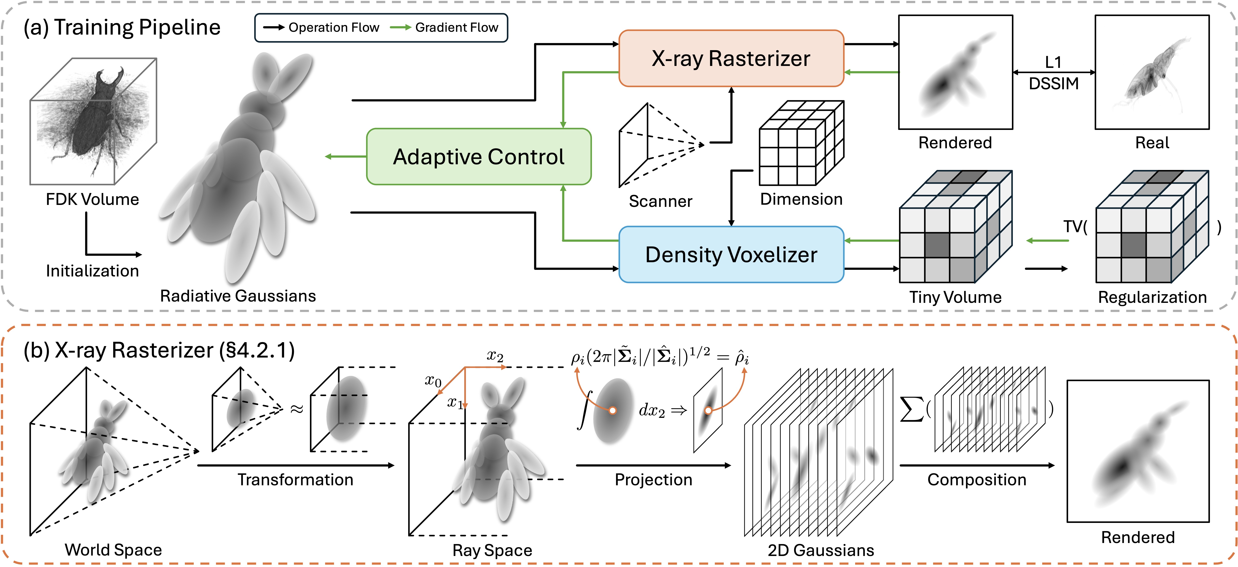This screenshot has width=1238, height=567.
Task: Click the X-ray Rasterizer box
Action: (731, 58)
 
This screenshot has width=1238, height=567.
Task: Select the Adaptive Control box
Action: (479, 156)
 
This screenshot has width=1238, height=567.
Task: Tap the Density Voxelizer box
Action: (731, 254)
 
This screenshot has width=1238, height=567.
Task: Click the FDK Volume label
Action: (92, 199)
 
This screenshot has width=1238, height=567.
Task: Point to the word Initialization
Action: (92, 271)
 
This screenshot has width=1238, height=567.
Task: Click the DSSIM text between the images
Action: (1053, 84)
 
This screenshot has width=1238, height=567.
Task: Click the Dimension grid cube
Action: (801, 143)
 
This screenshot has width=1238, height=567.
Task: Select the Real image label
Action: (1152, 143)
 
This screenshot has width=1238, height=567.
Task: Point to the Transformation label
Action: (295, 479)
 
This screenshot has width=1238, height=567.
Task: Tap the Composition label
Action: (976, 479)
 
